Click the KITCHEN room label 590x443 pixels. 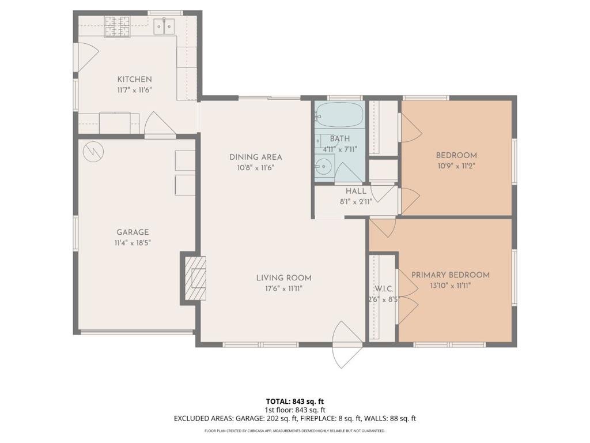134,79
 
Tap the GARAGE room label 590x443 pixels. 133,232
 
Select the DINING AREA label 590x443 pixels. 255,157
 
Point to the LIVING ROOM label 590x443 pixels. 283,278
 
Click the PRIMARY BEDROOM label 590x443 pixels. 451,275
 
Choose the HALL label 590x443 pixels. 356,191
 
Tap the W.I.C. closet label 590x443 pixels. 384,289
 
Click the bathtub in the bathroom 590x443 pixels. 339,115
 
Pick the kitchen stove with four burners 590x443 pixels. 118,27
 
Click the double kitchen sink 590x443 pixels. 164,27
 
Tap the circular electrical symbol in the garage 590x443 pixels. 93,152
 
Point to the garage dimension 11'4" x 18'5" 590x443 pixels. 133,243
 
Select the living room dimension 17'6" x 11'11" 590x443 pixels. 283,289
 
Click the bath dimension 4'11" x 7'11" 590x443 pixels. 340,149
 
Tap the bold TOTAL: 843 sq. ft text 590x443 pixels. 295,401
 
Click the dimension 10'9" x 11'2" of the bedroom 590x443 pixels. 456,166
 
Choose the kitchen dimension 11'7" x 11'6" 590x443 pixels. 134,90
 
